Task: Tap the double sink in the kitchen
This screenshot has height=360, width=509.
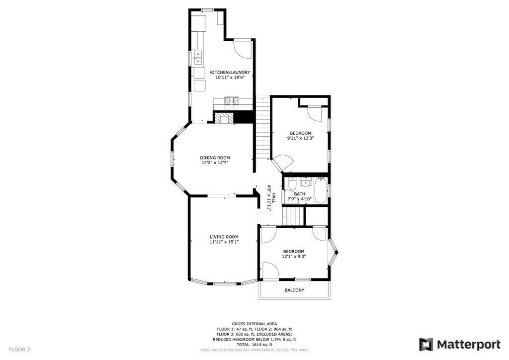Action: pos(198,57)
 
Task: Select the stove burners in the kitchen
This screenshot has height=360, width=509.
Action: pos(231,102)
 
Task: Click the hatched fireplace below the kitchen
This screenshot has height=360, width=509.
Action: pos(223,118)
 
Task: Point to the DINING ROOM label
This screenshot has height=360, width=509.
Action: pos(215,158)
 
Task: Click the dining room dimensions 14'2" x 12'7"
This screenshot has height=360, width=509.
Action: pos(215,163)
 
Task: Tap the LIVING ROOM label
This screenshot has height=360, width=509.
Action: pos(224,237)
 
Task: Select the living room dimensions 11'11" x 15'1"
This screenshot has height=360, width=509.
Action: pos(224,242)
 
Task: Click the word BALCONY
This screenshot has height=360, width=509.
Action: pos(294,290)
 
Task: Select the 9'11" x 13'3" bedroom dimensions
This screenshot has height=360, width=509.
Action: pos(300,138)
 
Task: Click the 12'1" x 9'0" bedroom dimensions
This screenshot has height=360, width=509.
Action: pos(294,257)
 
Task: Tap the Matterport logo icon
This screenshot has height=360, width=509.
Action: pos(426,345)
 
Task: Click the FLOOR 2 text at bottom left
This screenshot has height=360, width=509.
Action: pos(19,350)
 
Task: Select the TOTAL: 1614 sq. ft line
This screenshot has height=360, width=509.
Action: pos(254,345)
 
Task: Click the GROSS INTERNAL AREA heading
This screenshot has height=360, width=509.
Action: pos(254,324)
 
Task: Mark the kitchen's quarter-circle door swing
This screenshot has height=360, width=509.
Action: pos(242,49)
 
